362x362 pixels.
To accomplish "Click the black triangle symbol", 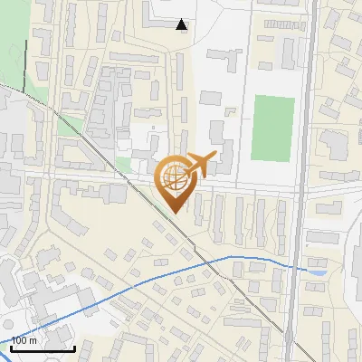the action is (183, 24).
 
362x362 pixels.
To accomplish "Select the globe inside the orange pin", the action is (174, 176).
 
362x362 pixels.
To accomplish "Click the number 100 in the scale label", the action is (20, 340).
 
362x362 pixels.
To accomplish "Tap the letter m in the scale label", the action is (33, 340).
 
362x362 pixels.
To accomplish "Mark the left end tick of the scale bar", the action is (11, 347).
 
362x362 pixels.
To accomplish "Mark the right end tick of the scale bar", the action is (74, 347).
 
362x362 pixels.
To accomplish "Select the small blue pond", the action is (317, 270).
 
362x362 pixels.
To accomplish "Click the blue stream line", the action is (136, 281).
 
